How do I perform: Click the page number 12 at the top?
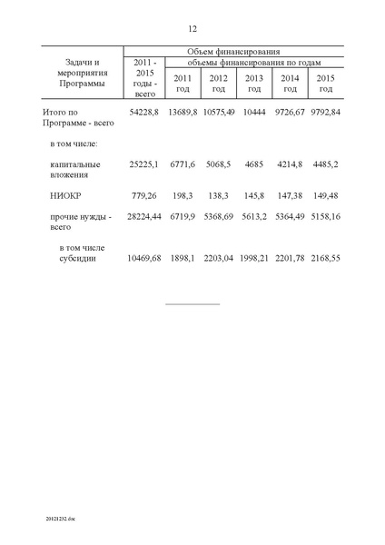click(193, 29)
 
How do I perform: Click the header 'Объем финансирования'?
click(233, 52)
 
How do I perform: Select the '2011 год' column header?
click(183, 83)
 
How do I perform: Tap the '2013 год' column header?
click(254, 83)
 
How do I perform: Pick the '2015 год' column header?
click(326, 83)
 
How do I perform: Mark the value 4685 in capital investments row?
click(254, 164)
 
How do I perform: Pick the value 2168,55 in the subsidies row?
click(326, 258)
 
